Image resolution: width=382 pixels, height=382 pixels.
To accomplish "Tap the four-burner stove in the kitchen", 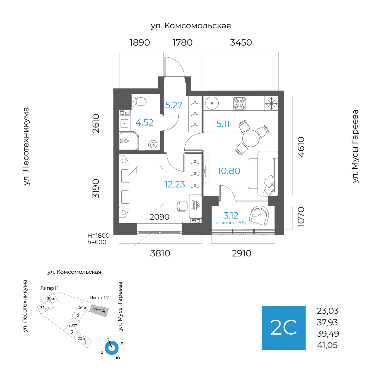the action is tap(239, 103).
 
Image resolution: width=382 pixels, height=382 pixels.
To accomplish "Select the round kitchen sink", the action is tap(212, 103).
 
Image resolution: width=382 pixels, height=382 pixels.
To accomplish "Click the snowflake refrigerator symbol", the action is tap(271, 103).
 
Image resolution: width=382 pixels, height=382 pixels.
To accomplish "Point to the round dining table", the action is tap(251, 138).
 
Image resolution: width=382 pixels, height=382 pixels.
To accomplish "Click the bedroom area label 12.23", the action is tap(175, 184).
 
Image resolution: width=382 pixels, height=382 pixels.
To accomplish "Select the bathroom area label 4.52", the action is tap(144, 122).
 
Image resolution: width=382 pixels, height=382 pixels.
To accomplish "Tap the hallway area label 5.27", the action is tap(174, 105).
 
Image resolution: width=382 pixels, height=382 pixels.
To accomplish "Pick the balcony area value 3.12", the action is tap(231, 215).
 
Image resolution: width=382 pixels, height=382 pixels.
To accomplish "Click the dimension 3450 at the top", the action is tap(241, 43).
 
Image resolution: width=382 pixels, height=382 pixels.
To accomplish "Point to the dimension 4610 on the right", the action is tap(301, 147).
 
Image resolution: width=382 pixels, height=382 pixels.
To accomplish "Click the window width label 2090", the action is tap(159, 216).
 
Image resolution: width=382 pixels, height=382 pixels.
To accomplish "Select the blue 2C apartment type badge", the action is tap(284, 328).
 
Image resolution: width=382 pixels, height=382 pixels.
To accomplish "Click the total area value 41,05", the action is tap(327, 345).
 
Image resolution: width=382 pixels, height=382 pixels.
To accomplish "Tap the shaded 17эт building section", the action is tap(99, 311).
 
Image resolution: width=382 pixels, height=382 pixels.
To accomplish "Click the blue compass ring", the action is tap(111, 348).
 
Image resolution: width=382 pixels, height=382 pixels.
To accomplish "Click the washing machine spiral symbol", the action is tap(153, 144).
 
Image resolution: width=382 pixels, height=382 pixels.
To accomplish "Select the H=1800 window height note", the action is tap(98, 236).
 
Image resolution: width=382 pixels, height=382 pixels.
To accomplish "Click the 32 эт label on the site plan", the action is tap(45, 308).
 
